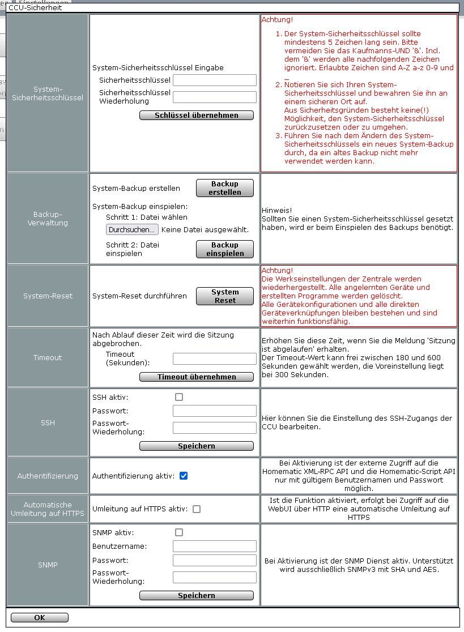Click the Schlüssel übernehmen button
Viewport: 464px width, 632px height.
pos(196,116)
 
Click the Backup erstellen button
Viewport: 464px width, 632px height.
pos(224,188)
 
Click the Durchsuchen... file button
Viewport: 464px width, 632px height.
pos(132,229)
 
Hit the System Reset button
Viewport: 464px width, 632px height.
pos(224,296)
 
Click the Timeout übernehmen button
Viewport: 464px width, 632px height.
pos(196,377)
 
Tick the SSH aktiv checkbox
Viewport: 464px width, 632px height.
pos(179,397)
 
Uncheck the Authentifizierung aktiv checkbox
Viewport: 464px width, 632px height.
pos(184,476)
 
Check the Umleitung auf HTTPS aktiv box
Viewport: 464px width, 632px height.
pos(197,509)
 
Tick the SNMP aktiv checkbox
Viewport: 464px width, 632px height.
pos(179,532)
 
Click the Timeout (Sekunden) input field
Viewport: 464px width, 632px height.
pos(214,358)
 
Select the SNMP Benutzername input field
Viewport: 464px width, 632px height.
pos(214,546)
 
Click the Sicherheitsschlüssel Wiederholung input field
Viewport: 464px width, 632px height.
pos(214,97)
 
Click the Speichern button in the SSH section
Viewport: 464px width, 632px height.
pos(196,446)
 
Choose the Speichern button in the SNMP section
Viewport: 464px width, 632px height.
pos(196,596)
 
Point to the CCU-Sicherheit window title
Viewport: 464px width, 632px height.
pos(35,8)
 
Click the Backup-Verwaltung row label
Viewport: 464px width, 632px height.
pos(48,219)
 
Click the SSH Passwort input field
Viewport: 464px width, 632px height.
pos(214,411)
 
